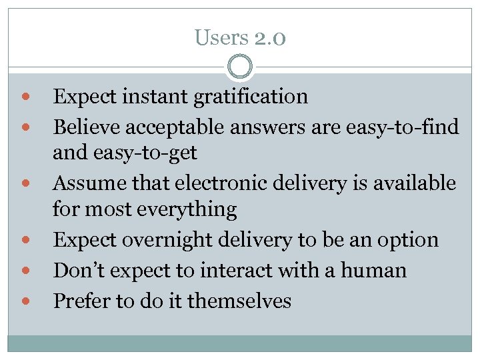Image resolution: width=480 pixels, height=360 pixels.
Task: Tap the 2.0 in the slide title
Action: (x=269, y=38)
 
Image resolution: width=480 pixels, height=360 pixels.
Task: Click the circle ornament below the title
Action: (x=240, y=66)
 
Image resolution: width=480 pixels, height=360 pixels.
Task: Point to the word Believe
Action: (x=85, y=125)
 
